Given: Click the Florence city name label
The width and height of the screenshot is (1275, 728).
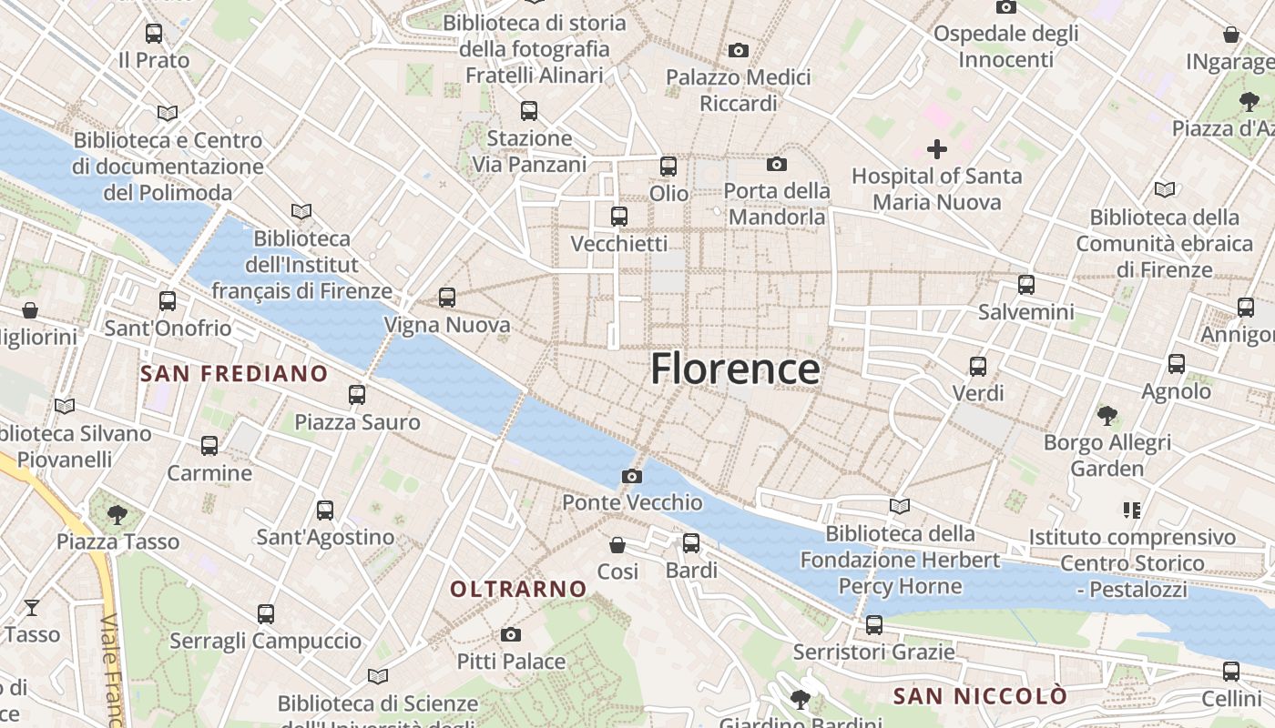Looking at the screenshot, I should point(735,369).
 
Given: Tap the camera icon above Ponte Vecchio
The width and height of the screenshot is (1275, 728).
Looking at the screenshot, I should point(631,476).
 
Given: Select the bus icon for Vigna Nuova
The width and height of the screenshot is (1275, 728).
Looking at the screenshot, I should point(446,297).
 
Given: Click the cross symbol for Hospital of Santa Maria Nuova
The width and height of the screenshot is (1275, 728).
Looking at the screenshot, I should point(936,148).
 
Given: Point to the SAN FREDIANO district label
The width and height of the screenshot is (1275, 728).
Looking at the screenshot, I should point(234,373).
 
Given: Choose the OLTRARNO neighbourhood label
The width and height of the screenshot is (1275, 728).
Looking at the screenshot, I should point(518,589).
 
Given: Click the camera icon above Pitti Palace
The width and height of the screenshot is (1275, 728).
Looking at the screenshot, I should point(511,634).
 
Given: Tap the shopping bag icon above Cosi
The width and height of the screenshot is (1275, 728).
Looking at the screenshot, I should point(617,545).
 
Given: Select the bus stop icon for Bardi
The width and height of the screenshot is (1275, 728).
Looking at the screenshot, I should point(691,543).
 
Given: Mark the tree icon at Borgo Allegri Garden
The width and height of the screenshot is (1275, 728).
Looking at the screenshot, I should point(1107,416).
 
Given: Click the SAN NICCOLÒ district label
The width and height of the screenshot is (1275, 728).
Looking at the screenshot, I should point(980,697).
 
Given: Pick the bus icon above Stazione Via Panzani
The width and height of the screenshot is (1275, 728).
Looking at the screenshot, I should point(529,111).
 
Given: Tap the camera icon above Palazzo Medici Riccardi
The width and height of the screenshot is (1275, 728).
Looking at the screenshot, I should point(739,50).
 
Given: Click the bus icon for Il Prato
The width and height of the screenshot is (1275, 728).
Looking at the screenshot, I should point(154,34).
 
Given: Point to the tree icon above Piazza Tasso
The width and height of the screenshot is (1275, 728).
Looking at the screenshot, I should point(117,515).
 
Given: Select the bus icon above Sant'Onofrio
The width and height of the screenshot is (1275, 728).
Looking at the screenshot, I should point(168,300).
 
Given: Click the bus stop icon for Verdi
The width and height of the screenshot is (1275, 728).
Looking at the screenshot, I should point(978,367).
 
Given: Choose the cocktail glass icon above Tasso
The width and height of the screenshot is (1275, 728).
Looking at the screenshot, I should point(32,607).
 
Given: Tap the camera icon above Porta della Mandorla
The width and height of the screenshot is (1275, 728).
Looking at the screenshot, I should point(777,164).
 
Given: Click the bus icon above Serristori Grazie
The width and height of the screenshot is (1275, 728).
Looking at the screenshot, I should point(874,625).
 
